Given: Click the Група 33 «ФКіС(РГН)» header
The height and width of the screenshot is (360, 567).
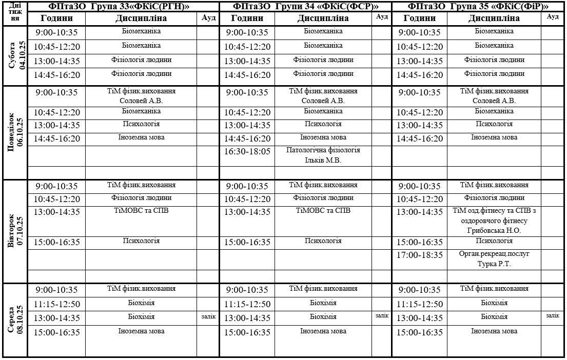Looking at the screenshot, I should [x=124, y=7].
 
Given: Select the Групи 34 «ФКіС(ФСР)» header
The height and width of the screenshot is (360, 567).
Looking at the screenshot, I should [x=305, y=7].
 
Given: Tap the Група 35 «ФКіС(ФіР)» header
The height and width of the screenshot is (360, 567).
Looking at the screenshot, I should [x=478, y=7].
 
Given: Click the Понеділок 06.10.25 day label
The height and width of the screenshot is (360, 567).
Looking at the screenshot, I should [x=15, y=132].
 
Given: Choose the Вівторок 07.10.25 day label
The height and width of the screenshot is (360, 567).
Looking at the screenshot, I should [x=15, y=231].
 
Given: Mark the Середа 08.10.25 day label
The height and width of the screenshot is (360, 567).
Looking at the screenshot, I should [x=15, y=319].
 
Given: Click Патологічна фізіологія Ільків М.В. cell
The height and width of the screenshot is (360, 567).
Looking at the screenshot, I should [x=323, y=155].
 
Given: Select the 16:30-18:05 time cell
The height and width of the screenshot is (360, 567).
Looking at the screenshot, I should [x=247, y=152].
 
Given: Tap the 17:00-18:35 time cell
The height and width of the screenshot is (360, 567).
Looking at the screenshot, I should [x=420, y=255].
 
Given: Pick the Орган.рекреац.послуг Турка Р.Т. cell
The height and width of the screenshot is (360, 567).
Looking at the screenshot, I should [x=494, y=259].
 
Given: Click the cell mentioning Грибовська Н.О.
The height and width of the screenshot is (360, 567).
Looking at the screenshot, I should [x=494, y=221].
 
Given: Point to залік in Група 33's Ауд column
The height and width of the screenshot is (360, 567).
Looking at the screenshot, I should [x=208, y=317].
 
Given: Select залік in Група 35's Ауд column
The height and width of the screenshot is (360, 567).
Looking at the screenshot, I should [x=552, y=316].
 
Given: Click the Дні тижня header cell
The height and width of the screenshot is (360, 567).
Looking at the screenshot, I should [x=15, y=13].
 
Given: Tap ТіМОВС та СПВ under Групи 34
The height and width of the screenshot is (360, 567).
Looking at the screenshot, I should [x=323, y=211].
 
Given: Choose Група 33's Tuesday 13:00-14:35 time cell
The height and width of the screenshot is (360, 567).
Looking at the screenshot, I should [x=57, y=212].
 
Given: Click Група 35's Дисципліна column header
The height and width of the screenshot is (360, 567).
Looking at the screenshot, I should [x=494, y=18].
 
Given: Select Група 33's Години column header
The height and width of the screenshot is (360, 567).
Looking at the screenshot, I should [x=57, y=18].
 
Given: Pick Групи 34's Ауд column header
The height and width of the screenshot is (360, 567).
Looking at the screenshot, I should [x=382, y=16].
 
